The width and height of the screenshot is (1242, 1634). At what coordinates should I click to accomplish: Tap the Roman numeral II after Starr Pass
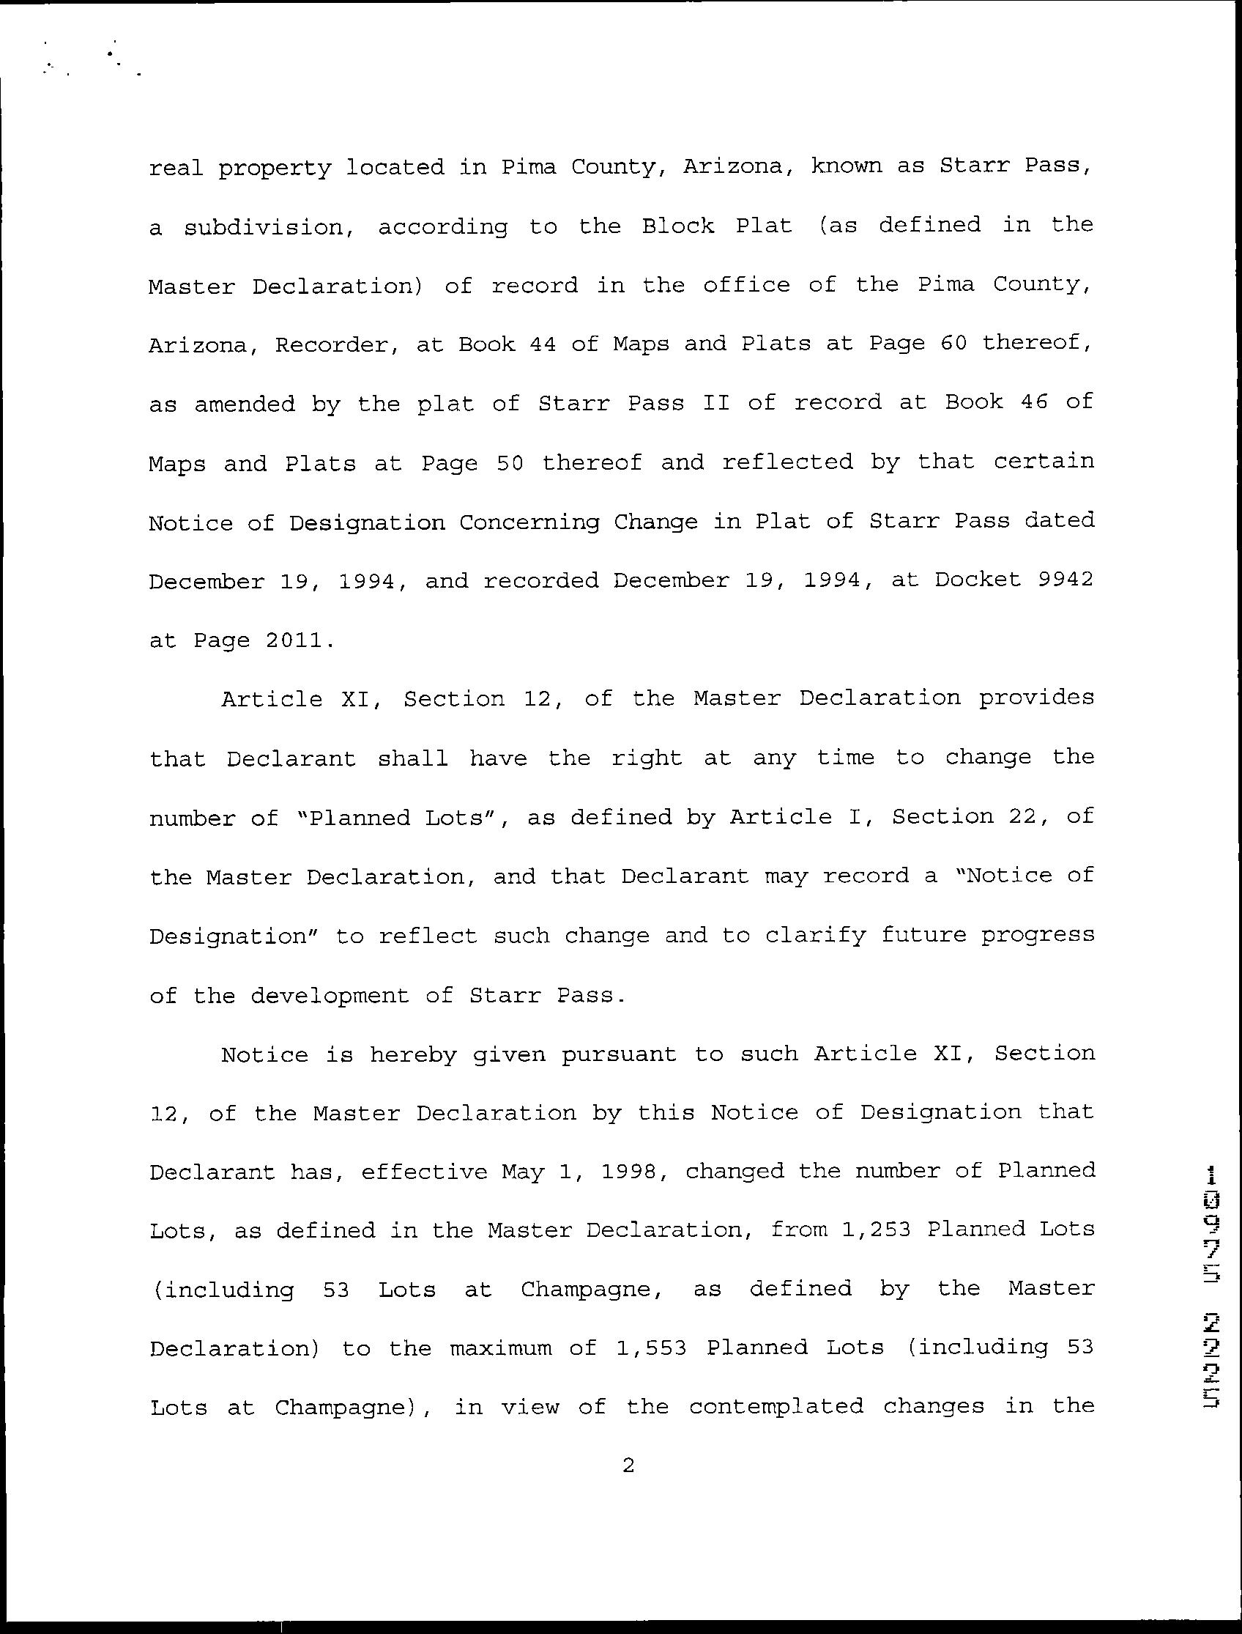[x=715, y=403]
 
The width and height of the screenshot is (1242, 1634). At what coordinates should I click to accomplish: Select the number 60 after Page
[x=953, y=344]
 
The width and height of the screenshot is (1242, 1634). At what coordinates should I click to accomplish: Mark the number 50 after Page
[x=510, y=463]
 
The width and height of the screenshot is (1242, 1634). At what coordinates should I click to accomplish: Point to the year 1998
[x=630, y=1172]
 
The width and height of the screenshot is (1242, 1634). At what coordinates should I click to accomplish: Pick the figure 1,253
[x=875, y=1230]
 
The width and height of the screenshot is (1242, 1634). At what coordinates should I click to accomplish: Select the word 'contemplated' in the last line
[x=776, y=1406]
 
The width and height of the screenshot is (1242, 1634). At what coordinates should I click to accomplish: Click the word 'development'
[x=329, y=997]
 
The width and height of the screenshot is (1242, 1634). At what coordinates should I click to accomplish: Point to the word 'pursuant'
[x=619, y=1055]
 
